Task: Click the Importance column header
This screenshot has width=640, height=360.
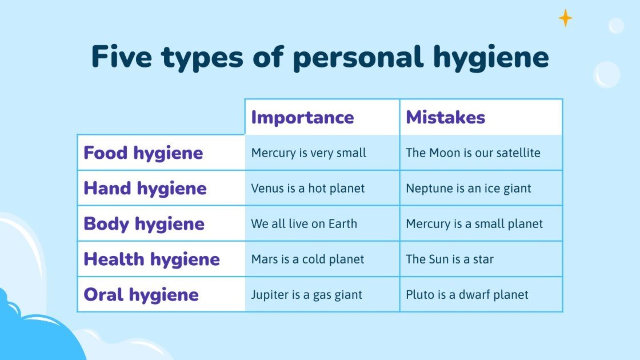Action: pos(302,117)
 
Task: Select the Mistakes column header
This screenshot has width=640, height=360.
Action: pos(445,117)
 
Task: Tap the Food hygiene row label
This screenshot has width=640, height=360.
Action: pos(143,153)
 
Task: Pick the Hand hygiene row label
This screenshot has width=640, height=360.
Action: pos(145,188)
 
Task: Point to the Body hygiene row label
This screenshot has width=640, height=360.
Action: pos(143,223)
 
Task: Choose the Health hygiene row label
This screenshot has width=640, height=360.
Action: pos(151,259)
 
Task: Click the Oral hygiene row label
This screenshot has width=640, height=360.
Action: pos(141,294)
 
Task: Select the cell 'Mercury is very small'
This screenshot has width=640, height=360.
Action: pos(309,153)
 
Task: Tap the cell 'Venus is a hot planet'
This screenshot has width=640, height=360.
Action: pos(307,188)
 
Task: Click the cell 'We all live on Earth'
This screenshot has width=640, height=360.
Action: pos(304,223)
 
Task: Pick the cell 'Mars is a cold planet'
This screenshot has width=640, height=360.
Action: pos(307,259)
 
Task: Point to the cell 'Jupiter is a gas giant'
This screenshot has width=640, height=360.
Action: pos(306,294)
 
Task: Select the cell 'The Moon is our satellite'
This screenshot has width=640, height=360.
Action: pos(473,153)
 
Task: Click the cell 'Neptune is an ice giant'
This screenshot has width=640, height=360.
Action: pos(468,188)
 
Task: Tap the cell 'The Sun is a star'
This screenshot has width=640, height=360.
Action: pos(449,259)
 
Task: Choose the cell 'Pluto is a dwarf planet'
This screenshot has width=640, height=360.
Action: pos(467,294)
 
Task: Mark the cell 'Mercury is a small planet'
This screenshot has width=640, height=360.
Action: pos(474,223)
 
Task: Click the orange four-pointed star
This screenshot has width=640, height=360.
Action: pos(565,18)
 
